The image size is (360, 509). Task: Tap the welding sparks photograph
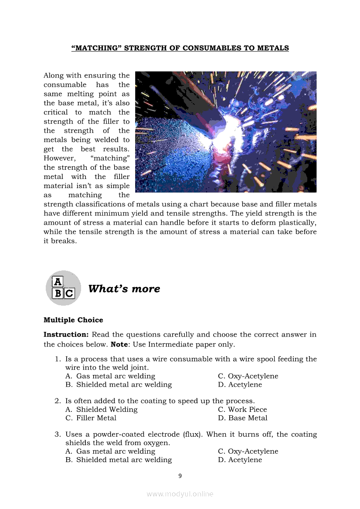(226, 132)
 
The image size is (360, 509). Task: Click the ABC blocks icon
(64, 288)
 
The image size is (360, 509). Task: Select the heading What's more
(124, 289)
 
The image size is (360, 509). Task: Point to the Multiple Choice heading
(73, 320)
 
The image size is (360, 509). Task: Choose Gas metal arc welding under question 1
(115, 376)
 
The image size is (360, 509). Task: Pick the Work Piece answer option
(247, 409)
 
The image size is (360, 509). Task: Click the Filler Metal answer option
(96, 418)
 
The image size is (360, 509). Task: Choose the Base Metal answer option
(248, 418)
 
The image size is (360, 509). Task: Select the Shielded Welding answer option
(107, 409)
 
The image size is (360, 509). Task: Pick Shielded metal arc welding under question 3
(124, 460)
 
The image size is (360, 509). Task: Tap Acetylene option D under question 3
(245, 460)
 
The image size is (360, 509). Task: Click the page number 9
(180, 476)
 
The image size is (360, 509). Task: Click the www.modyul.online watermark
(180, 494)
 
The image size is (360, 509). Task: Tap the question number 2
(58, 401)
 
